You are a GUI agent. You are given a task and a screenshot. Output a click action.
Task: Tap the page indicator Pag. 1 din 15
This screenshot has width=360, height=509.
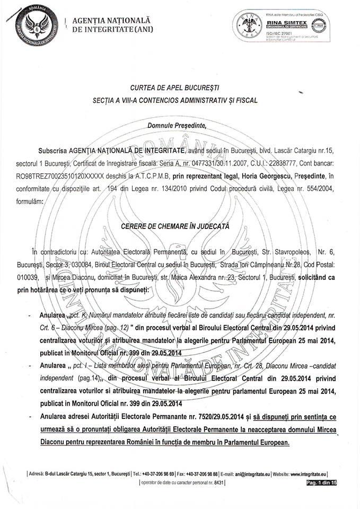point(321,482)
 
